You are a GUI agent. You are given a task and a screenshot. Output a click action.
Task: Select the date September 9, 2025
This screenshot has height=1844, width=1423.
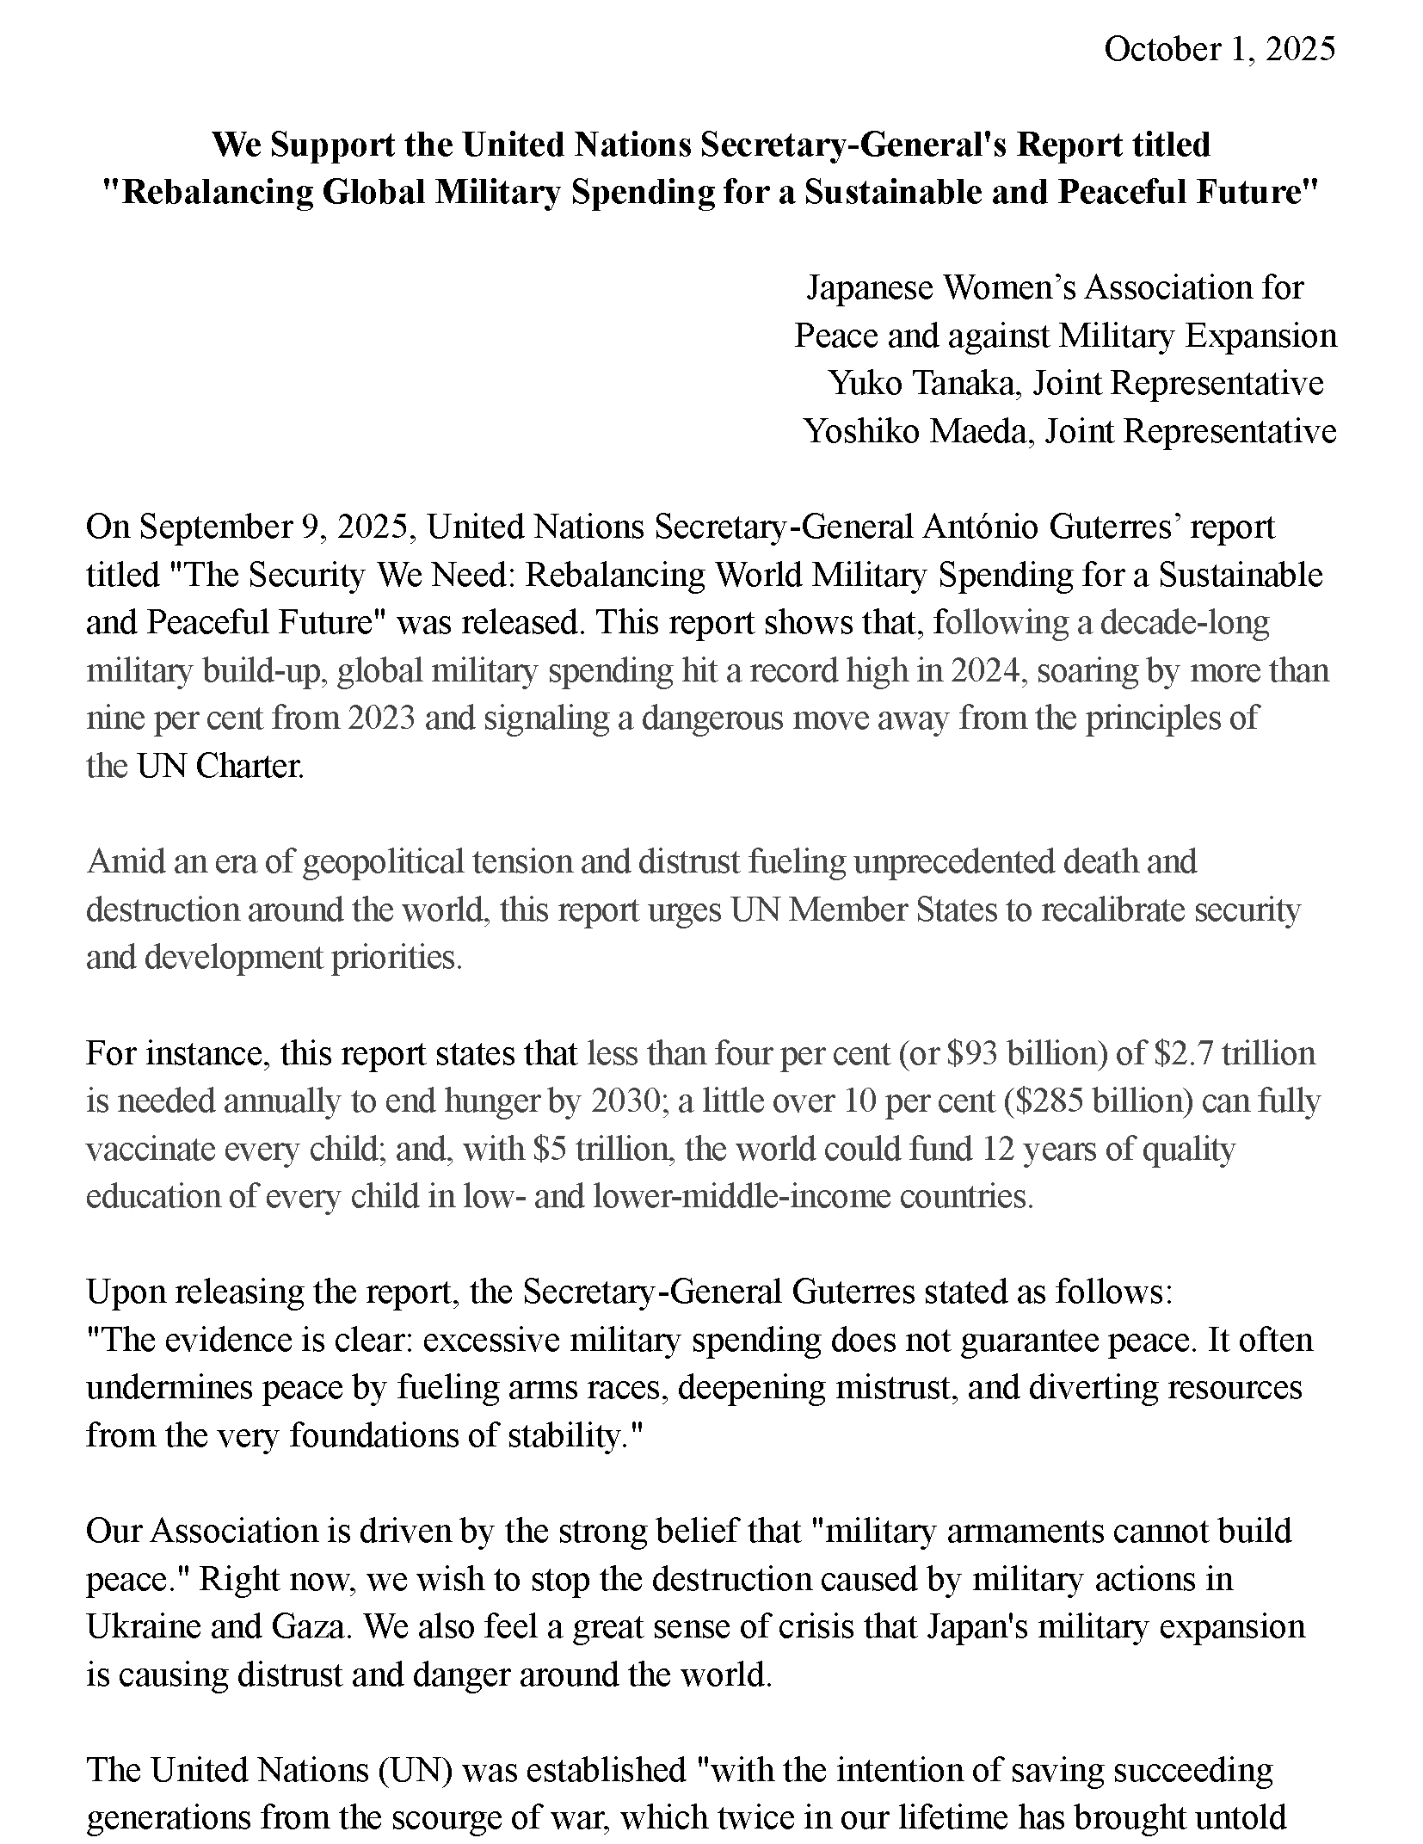coord(273,527)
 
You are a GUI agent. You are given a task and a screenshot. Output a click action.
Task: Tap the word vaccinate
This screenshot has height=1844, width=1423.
coord(142,1150)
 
